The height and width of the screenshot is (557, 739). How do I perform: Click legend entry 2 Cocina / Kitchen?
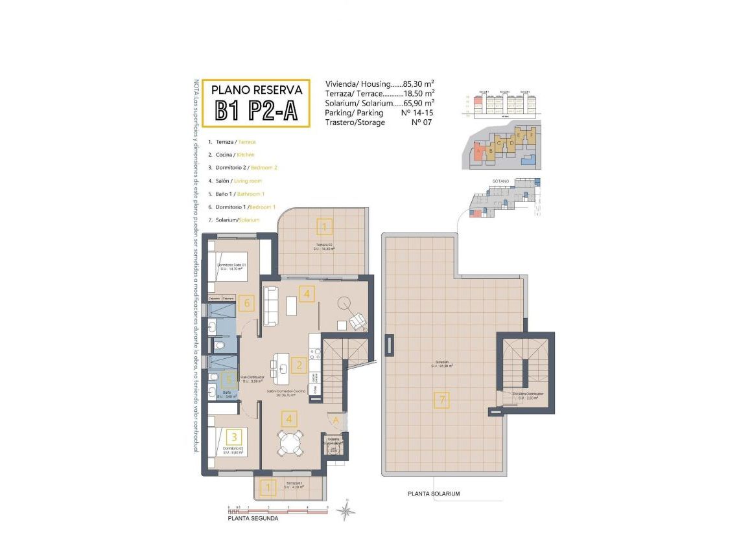coord(231,155)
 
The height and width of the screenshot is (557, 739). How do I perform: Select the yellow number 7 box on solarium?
coord(442,400)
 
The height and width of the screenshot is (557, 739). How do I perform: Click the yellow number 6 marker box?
coord(246,302)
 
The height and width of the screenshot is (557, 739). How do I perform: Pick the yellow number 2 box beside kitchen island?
coord(298,365)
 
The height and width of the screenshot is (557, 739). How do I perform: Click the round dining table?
coord(289,443)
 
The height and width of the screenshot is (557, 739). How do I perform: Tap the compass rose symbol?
coord(347,511)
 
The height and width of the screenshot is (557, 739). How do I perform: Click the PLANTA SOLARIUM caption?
coord(434,494)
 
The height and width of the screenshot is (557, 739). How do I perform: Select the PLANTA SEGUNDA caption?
coord(253,519)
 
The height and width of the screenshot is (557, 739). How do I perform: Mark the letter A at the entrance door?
coord(336,420)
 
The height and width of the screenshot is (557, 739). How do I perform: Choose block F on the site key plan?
coord(530,136)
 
